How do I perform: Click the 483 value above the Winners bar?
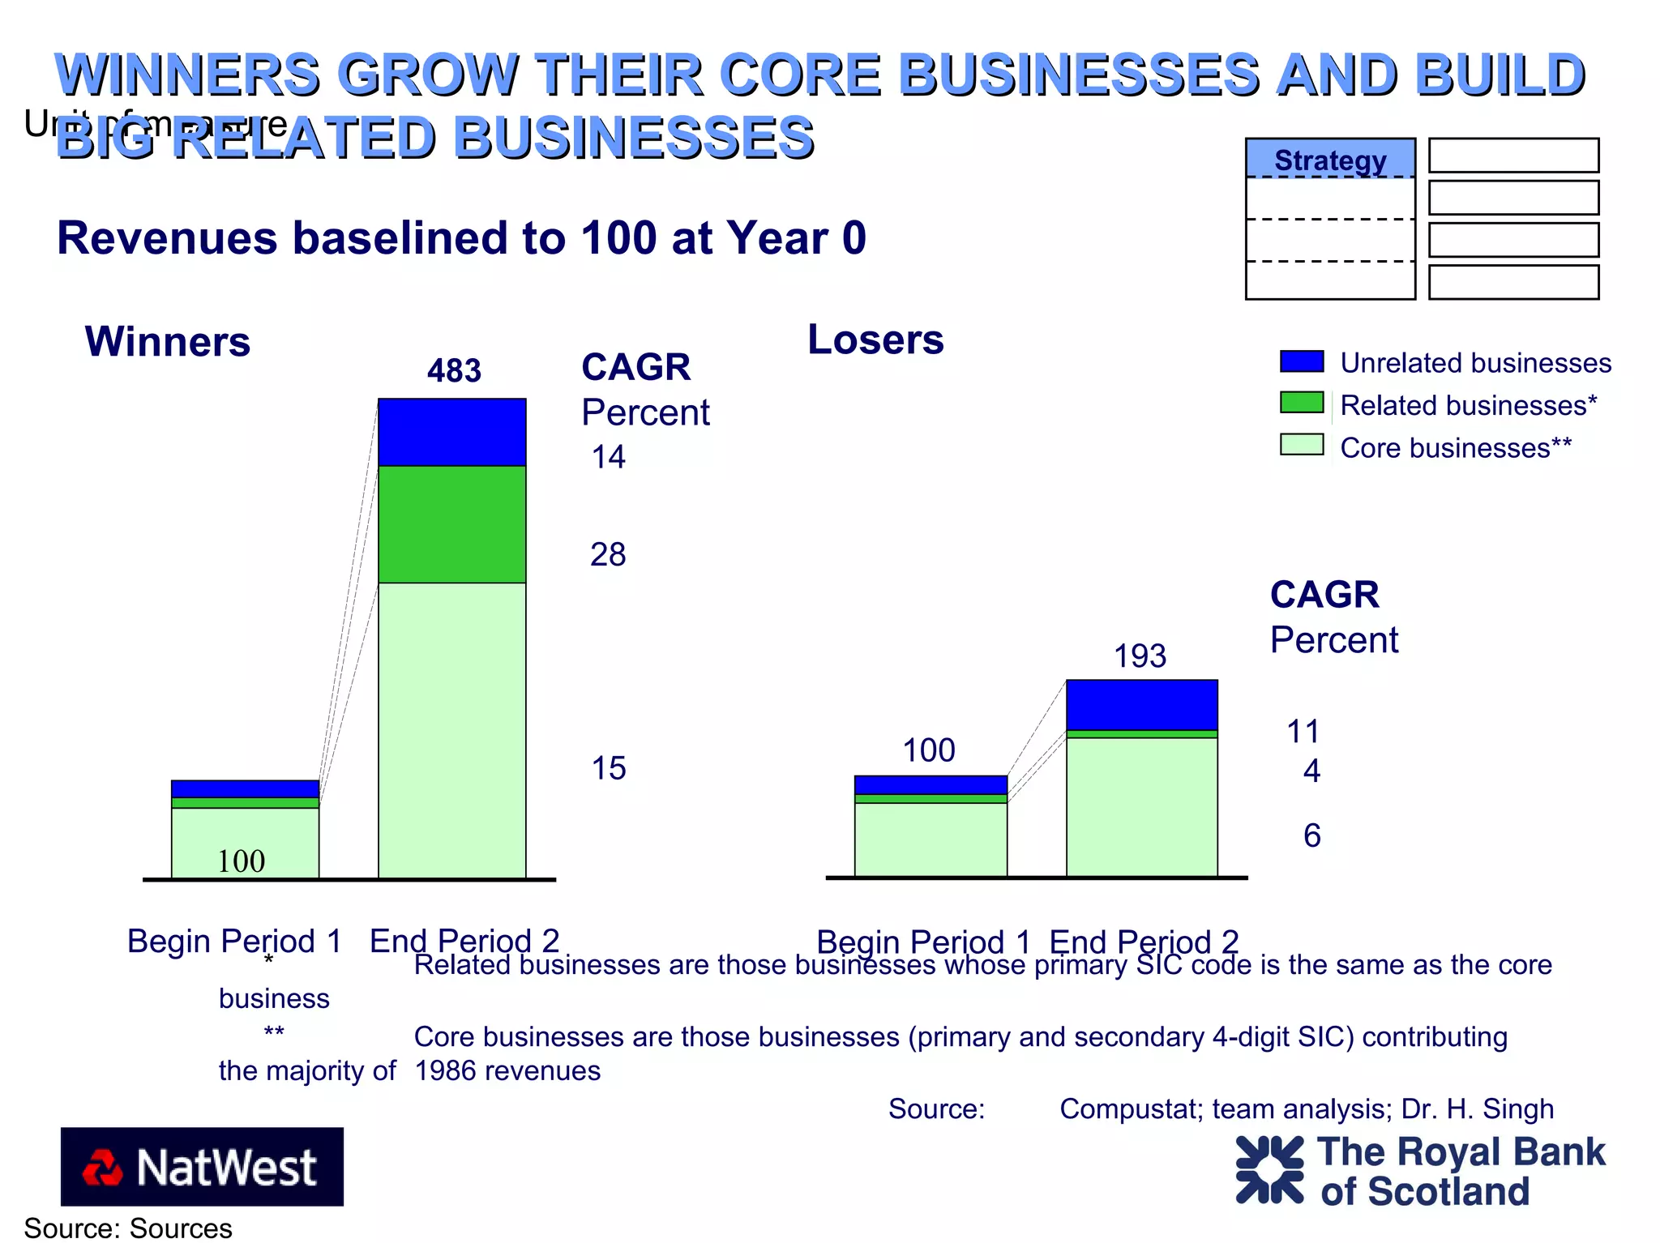[x=454, y=371]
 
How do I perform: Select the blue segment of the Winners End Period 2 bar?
[x=451, y=432]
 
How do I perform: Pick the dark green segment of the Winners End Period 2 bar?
[x=451, y=524]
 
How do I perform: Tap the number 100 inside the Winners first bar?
[x=242, y=861]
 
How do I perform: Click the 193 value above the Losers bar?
[x=1140, y=656]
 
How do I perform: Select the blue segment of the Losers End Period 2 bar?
[x=1141, y=705]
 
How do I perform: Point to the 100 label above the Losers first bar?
[x=929, y=750]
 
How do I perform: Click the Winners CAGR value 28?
[x=608, y=555]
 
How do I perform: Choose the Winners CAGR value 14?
[x=608, y=458]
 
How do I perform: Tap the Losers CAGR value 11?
[x=1303, y=732]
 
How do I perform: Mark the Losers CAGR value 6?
[x=1311, y=835]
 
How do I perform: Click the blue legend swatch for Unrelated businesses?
[x=1302, y=361]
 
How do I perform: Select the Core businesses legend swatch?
[x=1302, y=445]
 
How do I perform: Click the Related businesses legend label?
[x=1468, y=405]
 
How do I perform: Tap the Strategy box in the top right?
[x=1330, y=160]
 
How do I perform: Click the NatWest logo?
[x=202, y=1167]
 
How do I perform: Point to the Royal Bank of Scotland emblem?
[x=1269, y=1169]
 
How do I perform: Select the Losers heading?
[x=875, y=340]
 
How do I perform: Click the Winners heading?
[x=168, y=341]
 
